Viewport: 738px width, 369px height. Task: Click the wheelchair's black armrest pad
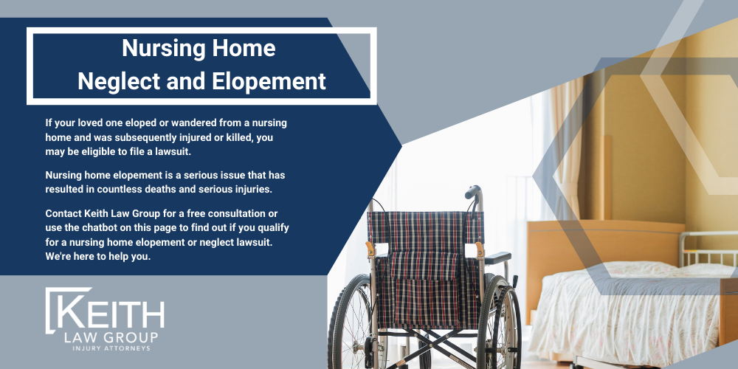tap(498, 258)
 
